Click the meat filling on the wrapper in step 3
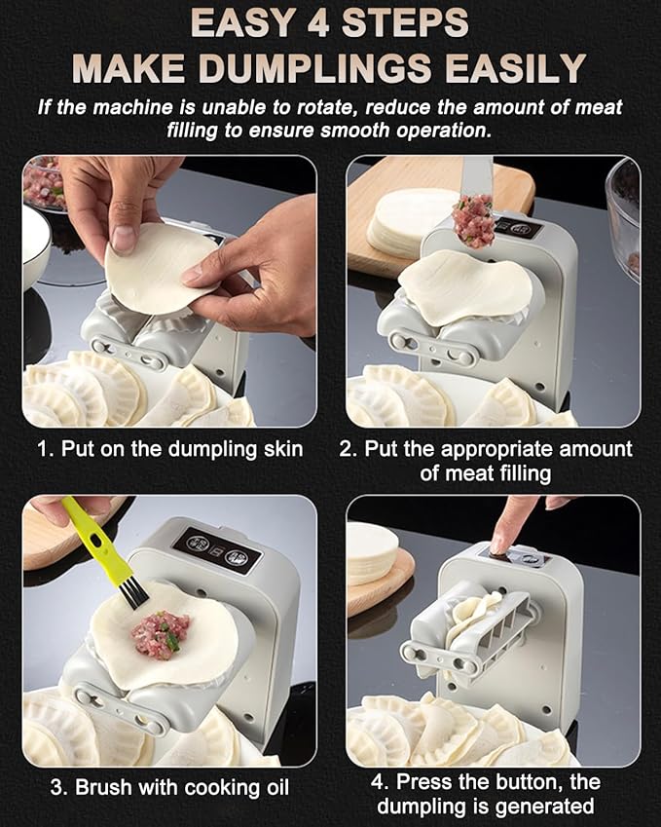click(161, 634)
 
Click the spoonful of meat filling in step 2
click(473, 220)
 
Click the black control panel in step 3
click(218, 551)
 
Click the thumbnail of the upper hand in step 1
click(123, 238)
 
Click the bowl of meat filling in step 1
click(44, 183)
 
